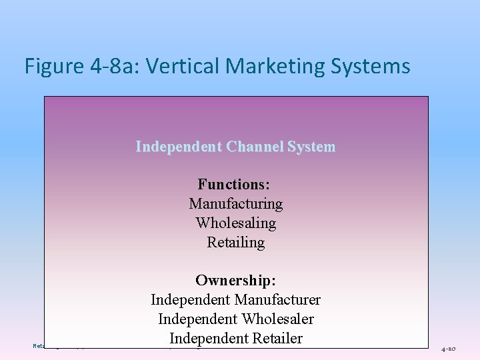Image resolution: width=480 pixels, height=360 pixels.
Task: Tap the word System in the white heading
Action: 313,147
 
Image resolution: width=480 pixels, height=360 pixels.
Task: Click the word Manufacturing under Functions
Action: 235,203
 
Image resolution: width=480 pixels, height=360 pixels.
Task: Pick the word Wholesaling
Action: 235,223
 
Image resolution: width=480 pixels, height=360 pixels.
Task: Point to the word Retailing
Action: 235,243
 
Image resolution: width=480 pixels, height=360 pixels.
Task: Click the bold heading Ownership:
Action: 235,281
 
